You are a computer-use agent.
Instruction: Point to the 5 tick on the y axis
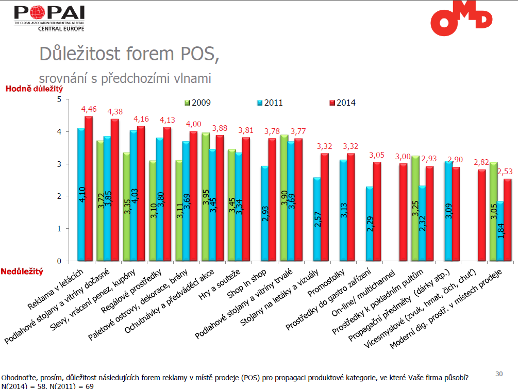click(59, 99)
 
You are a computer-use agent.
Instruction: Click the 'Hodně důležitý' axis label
click(30, 89)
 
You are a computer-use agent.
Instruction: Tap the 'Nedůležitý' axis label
click(22, 271)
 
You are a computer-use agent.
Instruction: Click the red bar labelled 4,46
click(89, 188)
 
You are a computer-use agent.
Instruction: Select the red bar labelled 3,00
click(404, 212)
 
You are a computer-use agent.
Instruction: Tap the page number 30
click(498, 374)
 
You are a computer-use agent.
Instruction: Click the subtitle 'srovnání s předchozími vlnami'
click(125, 78)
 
